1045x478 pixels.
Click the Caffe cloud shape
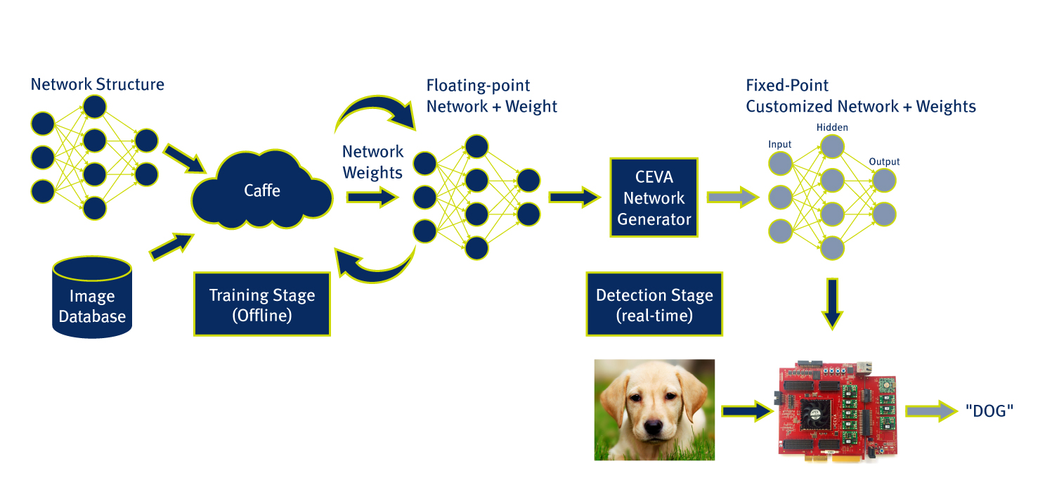tap(261, 191)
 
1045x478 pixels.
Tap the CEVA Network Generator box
tap(654, 198)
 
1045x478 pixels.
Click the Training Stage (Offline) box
tap(261, 304)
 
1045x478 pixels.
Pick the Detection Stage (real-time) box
tap(654, 304)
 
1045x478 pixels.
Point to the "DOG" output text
tap(989, 411)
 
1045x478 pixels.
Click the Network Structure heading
tap(97, 85)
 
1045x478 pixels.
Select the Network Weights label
tap(372, 162)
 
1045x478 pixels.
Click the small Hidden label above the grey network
tap(832, 127)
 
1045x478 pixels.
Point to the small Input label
tap(779, 144)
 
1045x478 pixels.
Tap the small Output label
tap(884, 162)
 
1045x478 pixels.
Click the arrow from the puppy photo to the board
tap(746, 411)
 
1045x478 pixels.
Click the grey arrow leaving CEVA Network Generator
tap(732, 198)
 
